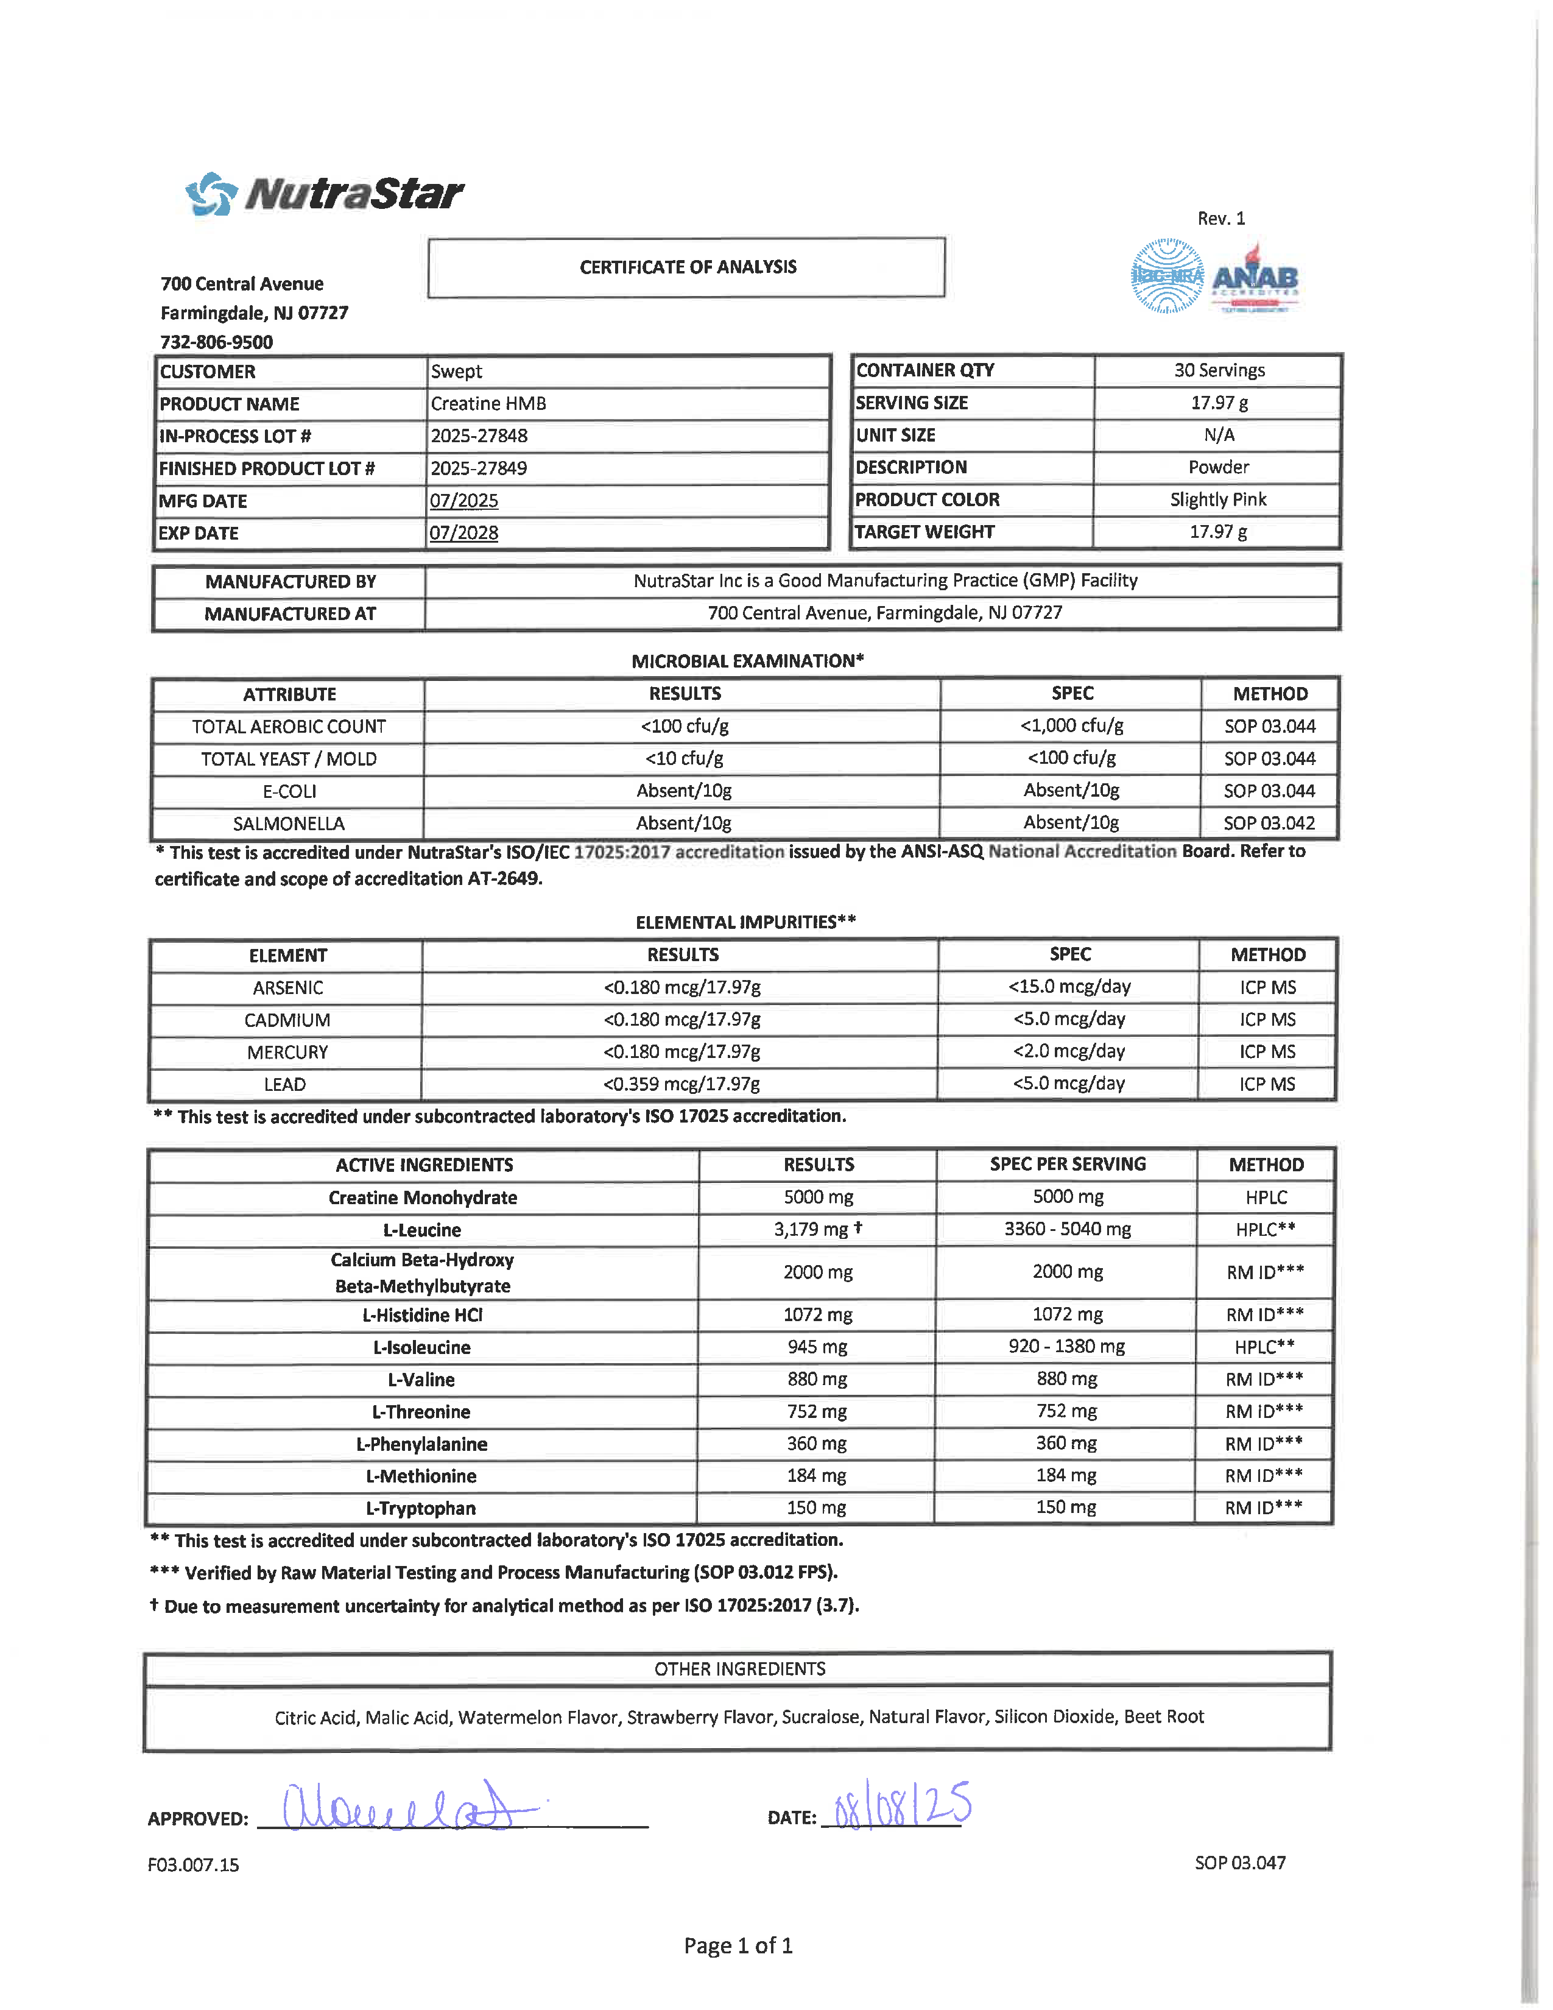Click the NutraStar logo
coord(325,193)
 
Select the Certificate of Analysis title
coord(687,267)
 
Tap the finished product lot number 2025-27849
coord(479,468)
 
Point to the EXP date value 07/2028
coord(463,533)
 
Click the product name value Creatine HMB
coord(488,404)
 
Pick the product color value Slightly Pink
coord(1217,499)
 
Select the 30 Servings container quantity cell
coord(1218,370)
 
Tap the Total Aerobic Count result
coord(685,726)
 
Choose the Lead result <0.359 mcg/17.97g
coord(681,1083)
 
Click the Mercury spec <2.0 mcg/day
coord(1068,1051)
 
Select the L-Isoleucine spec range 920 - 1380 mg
coord(1066,1347)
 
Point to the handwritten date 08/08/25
coord(901,1806)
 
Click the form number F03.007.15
coord(193,1864)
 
